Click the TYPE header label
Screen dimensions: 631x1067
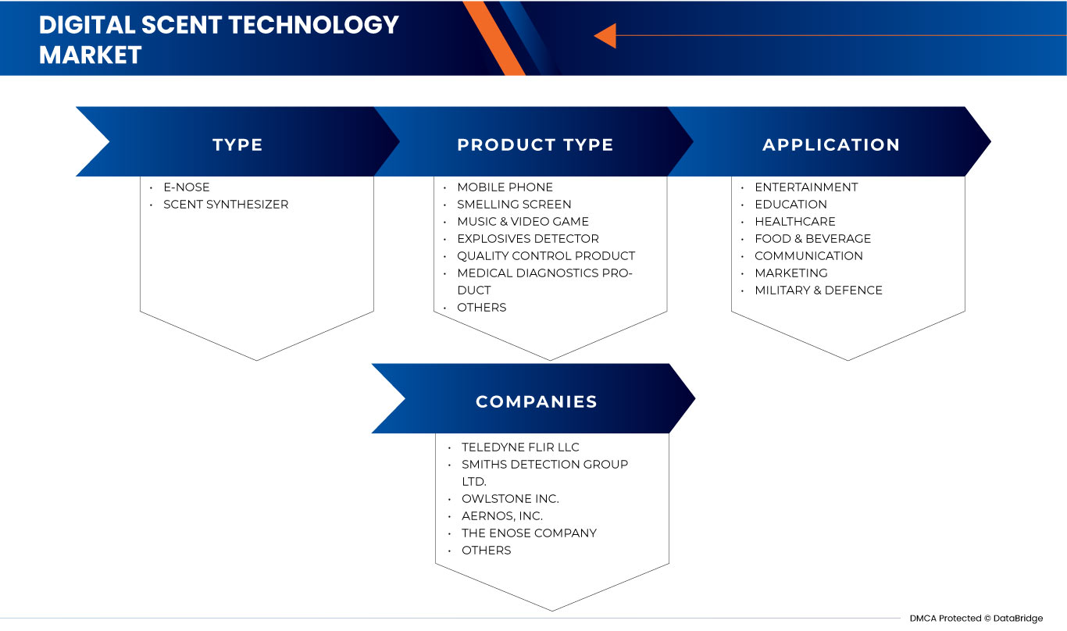pyautogui.click(x=237, y=144)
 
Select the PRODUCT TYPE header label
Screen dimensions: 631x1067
pyautogui.click(x=535, y=144)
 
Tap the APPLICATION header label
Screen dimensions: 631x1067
pyautogui.click(x=831, y=144)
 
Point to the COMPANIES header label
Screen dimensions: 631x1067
pyautogui.click(x=537, y=401)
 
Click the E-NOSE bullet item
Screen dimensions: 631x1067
pyautogui.click(x=186, y=187)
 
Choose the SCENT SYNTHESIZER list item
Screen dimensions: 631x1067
pyautogui.click(x=225, y=205)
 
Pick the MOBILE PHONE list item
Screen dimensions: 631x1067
pyautogui.click(x=505, y=187)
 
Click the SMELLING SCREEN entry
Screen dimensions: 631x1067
pyautogui.click(x=514, y=205)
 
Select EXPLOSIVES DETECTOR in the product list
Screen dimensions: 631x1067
pyautogui.click(x=528, y=239)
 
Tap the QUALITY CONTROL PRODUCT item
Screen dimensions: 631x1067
pyautogui.click(x=546, y=256)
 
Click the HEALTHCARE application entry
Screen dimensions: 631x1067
pyautogui.click(x=794, y=222)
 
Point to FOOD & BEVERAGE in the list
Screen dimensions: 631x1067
pyautogui.click(x=812, y=239)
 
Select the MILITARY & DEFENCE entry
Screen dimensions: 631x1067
pyautogui.click(x=818, y=291)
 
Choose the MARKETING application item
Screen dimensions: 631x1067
pyautogui.click(x=790, y=273)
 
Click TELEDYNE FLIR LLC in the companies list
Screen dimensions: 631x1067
pyautogui.click(x=520, y=447)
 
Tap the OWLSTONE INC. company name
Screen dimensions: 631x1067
pyautogui.click(x=510, y=499)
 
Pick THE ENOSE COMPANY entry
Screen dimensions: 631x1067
pyautogui.click(x=529, y=533)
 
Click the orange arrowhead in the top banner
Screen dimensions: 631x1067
pyautogui.click(x=605, y=35)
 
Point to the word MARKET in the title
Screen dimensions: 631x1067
pyautogui.click(x=91, y=55)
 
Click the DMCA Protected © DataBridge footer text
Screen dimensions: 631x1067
pyautogui.click(x=976, y=619)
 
